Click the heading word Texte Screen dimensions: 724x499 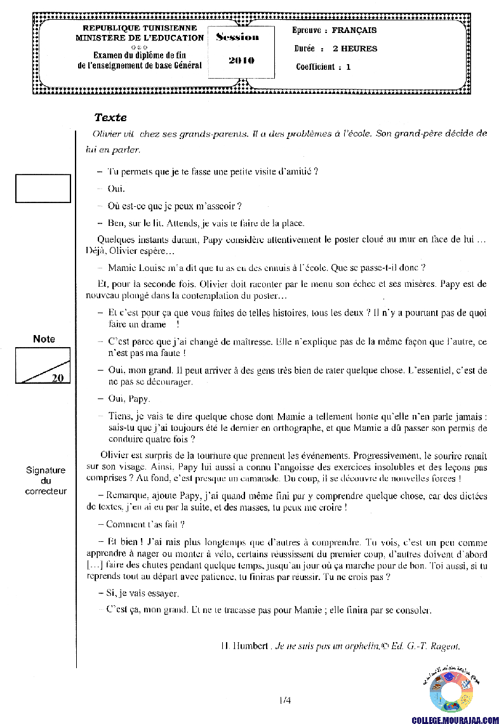click(110, 117)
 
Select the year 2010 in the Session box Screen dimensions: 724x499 click(241, 60)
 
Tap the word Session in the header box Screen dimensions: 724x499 click(237, 37)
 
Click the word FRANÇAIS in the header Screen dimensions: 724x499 click(354, 30)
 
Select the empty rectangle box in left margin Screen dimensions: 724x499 click(43, 188)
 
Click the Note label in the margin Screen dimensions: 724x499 click(44, 339)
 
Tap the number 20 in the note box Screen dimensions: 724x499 click(57, 378)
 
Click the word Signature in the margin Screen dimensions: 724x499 click(46, 470)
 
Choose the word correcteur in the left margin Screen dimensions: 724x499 click(46, 491)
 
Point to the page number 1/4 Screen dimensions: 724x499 click(284, 701)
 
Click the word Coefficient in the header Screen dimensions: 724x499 click(316, 67)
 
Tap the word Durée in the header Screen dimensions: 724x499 click(305, 48)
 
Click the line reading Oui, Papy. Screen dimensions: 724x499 click(129, 399)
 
